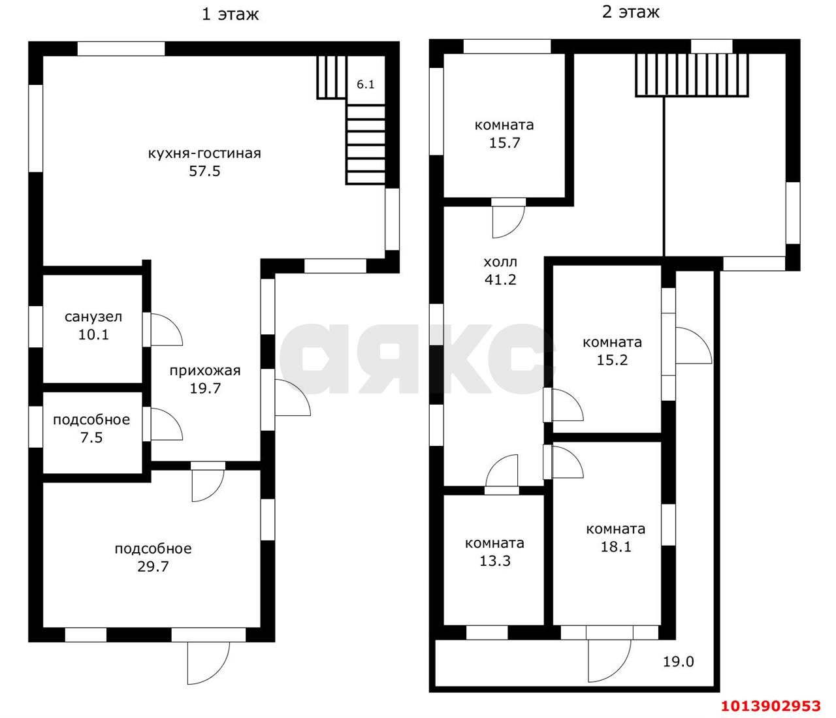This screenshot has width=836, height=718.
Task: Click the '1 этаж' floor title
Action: [x=230, y=14]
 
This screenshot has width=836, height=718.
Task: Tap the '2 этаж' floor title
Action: [x=630, y=12]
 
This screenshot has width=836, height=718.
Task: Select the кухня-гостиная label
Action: [x=204, y=154]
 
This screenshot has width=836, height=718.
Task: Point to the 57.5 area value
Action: [x=204, y=172]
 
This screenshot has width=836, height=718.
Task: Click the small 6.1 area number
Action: [x=365, y=84]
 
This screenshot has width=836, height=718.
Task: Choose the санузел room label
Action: [x=93, y=317]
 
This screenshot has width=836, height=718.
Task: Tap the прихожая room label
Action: [x=205, y=371]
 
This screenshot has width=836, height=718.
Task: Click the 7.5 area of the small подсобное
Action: [x=91, y=437]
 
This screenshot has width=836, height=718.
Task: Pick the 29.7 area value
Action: [x=153, y=566]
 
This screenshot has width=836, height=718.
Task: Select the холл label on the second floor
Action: [x=500, y=262]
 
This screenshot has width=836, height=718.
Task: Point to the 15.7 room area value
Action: [x=504, y=142]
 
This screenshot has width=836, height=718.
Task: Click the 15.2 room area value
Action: [x=612, y=360]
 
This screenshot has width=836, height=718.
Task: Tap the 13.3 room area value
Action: [x=494, y=560]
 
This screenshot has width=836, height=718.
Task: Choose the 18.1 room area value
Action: [x=616, y=546]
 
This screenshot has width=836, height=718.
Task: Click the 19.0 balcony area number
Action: [x=679, y=662]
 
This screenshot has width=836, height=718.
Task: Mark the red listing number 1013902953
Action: [x=771, y=706]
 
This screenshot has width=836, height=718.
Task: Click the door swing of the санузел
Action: [x=165, y=330]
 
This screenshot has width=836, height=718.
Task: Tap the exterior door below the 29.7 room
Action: [x=208, y=663]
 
